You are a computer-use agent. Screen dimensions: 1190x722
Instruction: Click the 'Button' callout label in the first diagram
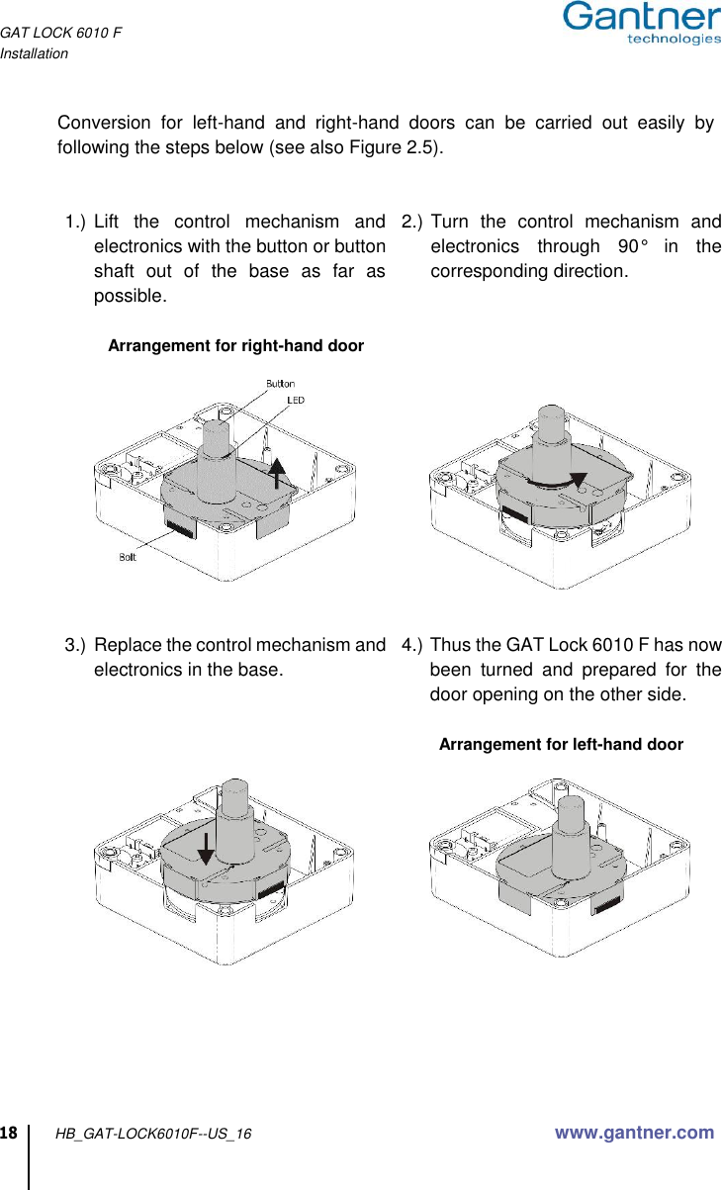coord(280,383)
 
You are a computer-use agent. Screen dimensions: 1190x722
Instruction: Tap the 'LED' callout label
coord(296,400)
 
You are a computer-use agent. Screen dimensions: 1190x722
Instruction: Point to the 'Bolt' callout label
coord(128,558)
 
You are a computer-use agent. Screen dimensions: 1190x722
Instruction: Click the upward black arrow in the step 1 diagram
coord(279,473)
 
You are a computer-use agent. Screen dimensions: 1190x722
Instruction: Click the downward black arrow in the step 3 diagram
coord(206,847)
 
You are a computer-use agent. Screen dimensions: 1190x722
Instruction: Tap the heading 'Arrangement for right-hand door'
coord(235,346)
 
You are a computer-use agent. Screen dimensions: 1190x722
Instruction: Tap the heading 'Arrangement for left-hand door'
coord(561,744)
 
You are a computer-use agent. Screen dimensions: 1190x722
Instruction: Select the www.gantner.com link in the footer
coord(634,1133)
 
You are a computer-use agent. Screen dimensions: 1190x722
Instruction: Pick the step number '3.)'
coord(75,646)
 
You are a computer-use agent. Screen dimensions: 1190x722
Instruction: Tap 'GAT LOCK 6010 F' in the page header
coord(61,34)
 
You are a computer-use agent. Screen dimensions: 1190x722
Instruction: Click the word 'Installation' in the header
coord(35,53)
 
